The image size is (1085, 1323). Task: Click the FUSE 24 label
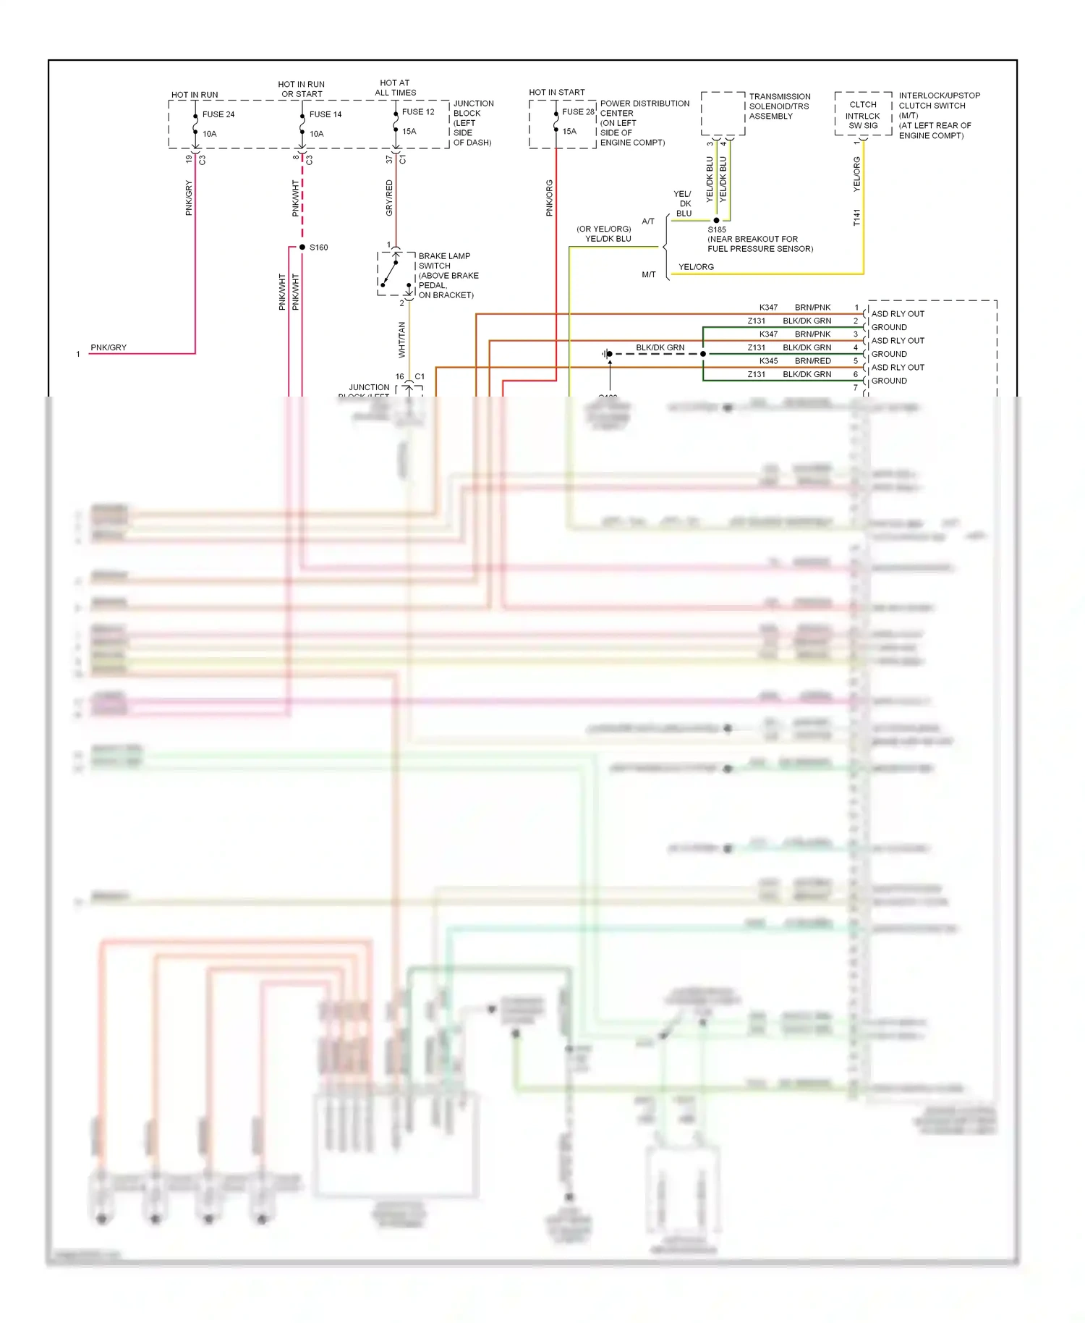pos(218,114)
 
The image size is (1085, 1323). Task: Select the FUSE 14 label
pos(325,114)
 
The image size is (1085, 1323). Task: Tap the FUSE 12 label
pos(418,112)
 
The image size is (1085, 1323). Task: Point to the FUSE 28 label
pos(578,112)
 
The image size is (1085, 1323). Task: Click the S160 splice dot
pos(302,248)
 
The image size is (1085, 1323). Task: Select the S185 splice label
pos(717,229)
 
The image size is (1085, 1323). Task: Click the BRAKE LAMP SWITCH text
pos(444,261)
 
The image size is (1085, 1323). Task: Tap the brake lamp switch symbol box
pos(396,274)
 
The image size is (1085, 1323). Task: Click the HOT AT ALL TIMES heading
pos(395,88)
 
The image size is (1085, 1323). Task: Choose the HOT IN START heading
pos(556,92)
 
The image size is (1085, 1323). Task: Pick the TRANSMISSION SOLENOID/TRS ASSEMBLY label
pos(779,106)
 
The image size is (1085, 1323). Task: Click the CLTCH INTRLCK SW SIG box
pos(863,114)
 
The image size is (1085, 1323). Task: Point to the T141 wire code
pos(857,217)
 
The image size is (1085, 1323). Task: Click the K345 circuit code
pos(768,361)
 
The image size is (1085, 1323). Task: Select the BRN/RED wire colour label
pos(812,361)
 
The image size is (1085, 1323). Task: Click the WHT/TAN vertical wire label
pos(402,339)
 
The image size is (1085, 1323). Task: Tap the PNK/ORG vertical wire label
pos(549,198)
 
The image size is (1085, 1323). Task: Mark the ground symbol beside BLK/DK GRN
pos(606,354)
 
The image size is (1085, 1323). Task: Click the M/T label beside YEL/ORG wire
pos(648,275)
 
